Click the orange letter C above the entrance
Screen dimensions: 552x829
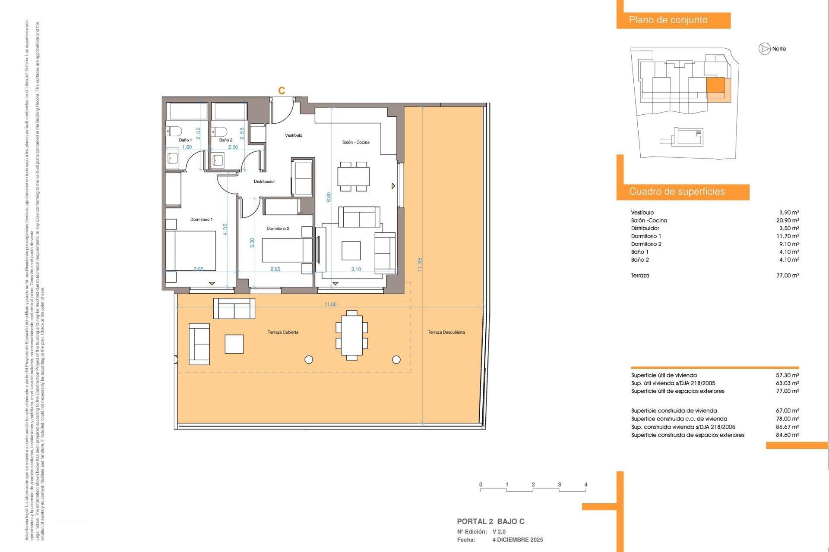[282, 91]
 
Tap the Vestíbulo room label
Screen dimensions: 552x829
[294, 135]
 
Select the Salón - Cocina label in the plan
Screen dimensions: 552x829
[355, 142]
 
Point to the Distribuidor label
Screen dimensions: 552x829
[264, 182]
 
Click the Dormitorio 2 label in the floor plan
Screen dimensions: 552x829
[278, 229]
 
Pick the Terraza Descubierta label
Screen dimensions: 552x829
[446, 332]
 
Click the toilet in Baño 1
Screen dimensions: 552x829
[174, 131]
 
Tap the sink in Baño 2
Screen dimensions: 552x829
[218, 160]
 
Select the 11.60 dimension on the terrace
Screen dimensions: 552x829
[330, 304]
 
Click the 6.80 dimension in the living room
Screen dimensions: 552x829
[329, 197]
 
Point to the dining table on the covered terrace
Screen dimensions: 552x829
[351, 335]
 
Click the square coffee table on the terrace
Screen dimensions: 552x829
[234, 344]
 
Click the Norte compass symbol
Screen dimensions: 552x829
[765, 49]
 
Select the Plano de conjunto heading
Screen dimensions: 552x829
[668, 20]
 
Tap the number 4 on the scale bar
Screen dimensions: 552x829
[585, 485]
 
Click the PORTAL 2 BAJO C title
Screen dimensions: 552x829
[490, 521]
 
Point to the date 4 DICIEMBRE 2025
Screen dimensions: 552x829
[517, 540]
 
